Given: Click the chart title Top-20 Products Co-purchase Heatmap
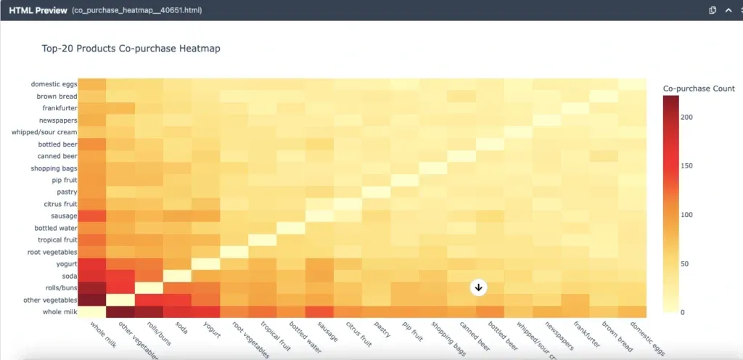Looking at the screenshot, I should pos(131,49).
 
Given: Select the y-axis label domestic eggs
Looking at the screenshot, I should pos(54,84).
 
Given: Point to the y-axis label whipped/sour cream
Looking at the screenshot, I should pos(44,132).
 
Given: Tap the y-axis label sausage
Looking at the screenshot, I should pos(62,216).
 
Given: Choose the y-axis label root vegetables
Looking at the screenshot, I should pos(51,252).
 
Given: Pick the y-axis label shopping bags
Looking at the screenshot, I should pos(53,168).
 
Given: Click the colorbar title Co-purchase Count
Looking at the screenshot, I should pos(699,89).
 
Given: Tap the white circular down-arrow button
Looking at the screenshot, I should pos(478,287).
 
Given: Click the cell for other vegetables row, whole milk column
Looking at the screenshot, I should pos(92,300).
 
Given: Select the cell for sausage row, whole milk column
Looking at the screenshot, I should pos(92,216).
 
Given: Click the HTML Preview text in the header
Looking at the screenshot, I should pos(38,11).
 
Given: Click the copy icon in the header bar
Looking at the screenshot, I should pos(713,10).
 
